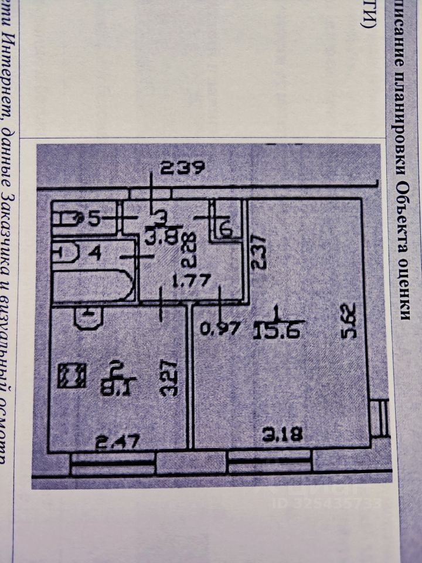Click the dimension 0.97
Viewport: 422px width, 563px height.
[x=221, y=329]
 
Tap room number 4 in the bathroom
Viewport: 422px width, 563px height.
[x=95, y=254]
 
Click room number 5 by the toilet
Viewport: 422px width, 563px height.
[x=94, y=219]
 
